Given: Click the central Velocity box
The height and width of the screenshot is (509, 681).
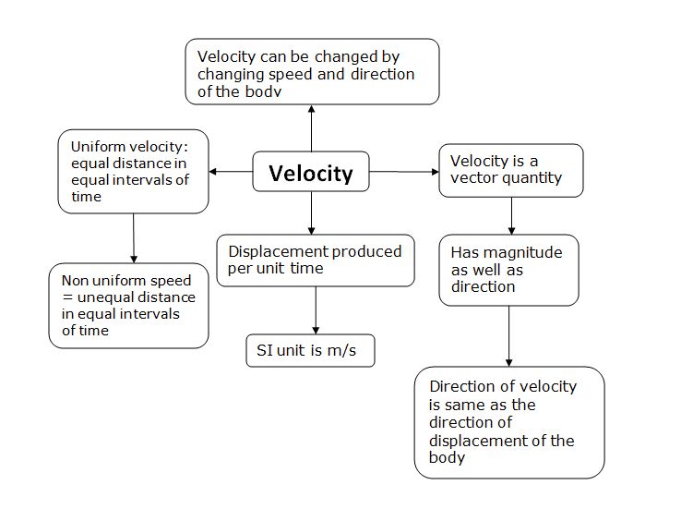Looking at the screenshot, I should [311, 173].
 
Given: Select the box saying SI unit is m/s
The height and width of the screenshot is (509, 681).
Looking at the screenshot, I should [310, 351].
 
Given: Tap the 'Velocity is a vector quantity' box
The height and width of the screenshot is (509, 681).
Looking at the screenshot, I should [510, 170].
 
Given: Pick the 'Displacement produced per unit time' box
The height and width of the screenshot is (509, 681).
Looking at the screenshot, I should [316, 260].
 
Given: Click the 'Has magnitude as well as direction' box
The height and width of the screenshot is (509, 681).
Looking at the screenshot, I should [508, 269].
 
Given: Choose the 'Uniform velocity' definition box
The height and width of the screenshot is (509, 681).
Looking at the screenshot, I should [133, 172].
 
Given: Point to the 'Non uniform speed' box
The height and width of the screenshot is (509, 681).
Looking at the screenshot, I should [128, 305].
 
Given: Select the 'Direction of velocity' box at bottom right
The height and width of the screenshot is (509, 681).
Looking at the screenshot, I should [508, 422].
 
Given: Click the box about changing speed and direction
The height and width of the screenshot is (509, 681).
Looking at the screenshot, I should [312, 70].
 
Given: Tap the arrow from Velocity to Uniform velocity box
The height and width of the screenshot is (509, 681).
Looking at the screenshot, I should [232, 172].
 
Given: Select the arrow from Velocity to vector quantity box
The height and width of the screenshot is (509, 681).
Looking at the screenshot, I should [403, 172].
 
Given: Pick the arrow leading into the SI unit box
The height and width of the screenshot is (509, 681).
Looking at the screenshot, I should [317, 310].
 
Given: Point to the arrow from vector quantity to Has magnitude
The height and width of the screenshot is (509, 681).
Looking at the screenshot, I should [511, 216].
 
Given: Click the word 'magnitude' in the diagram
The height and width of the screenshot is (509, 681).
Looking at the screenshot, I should [518, 252].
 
